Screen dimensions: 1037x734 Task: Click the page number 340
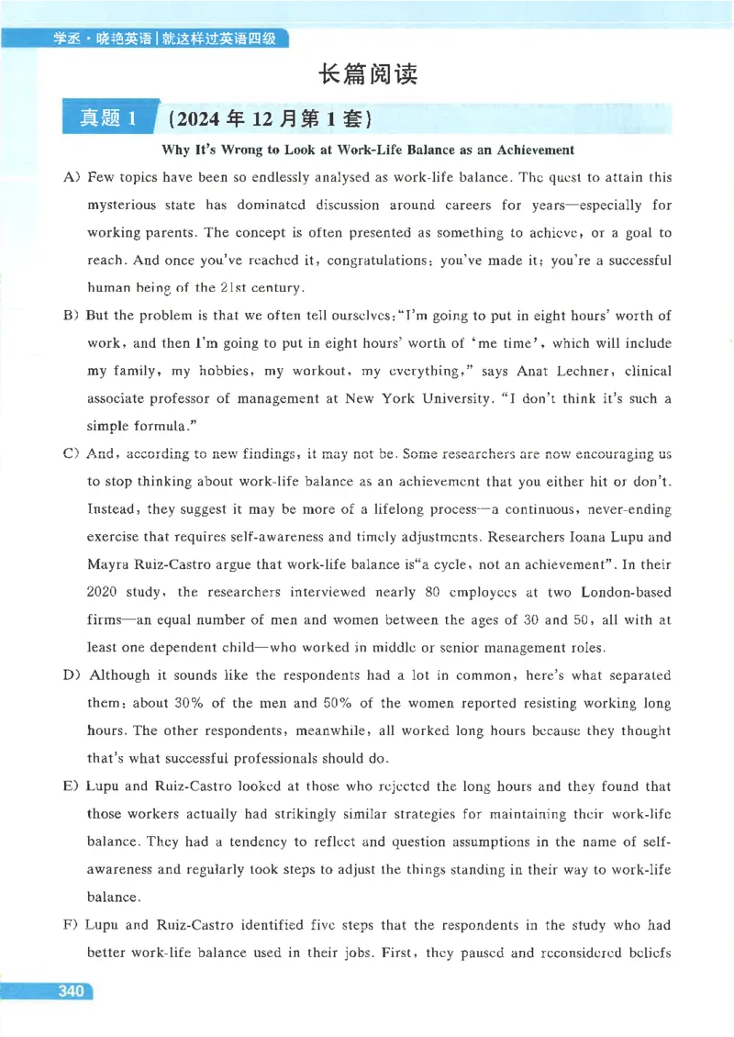coord(69,992)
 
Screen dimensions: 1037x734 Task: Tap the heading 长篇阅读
coord(367,74)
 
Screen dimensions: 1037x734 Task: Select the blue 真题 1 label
coord(108,118)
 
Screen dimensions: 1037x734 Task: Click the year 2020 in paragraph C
coord(105,593)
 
